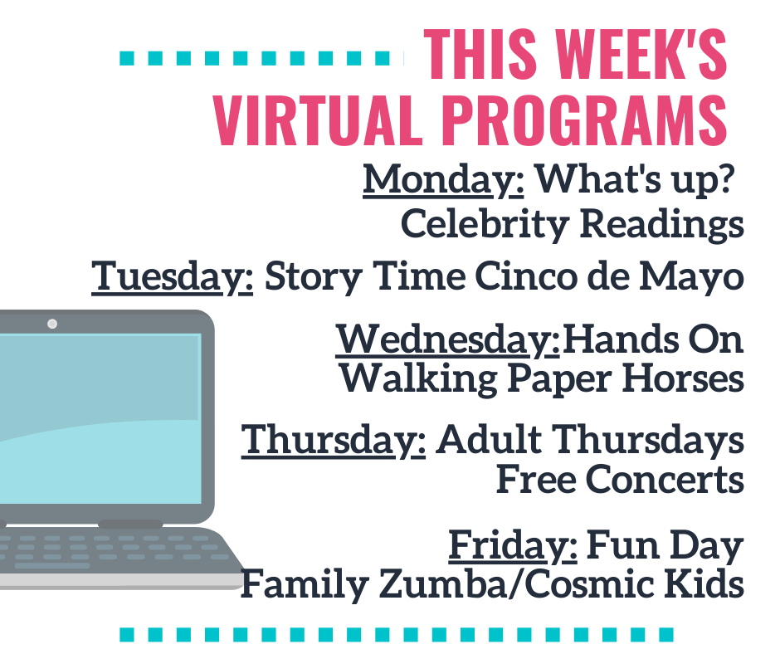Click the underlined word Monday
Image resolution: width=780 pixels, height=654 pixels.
point(443,180)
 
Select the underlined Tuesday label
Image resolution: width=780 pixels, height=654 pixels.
point(172,276)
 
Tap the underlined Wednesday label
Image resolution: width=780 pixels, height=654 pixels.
point(448,340)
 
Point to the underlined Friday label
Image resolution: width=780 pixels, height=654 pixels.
point(513,546)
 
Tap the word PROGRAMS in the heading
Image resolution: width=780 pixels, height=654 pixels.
point(584,120)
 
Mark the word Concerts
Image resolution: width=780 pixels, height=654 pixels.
point(665,480)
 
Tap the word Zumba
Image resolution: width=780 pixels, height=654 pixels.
point(441,583)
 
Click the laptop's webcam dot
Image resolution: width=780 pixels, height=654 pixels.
point(52,324)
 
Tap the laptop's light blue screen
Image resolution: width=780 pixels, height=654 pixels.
point(100,419)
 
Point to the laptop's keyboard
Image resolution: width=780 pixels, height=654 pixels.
point(107,550)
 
